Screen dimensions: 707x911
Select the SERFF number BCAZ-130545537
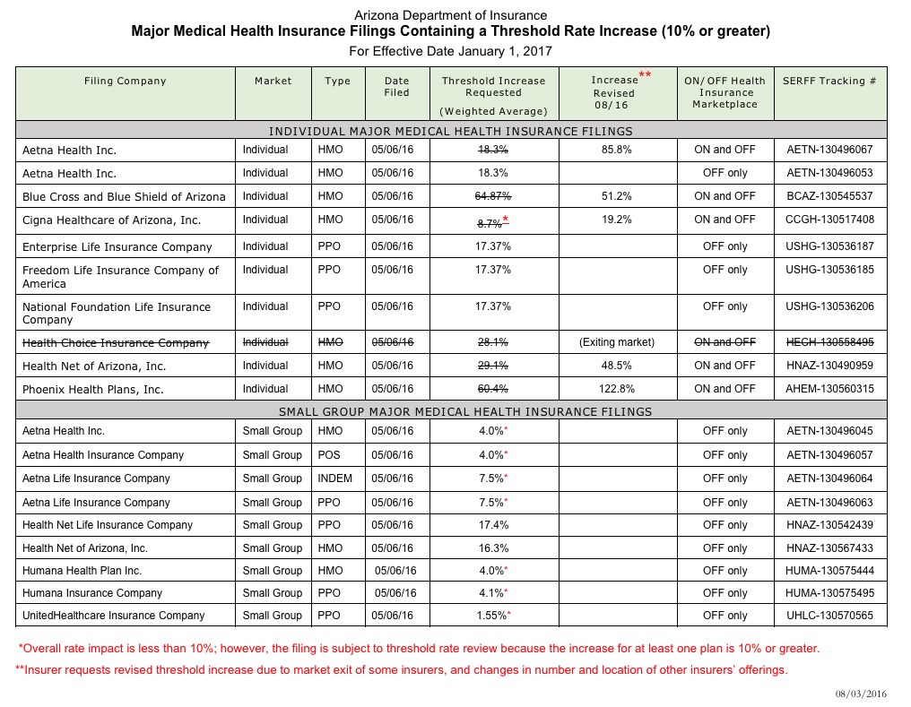(x=829, y=196)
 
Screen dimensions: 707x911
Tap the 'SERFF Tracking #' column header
(x=829, y=81)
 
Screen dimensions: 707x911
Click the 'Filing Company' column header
(x=126, y=81)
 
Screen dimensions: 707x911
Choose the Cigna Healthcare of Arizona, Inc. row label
(x=112, y=220)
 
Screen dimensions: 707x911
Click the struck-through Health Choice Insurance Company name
(x=116, y=342)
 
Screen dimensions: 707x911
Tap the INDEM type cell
(x=335, y=479)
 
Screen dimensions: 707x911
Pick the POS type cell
(x=329, y=455)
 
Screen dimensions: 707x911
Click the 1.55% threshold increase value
(x=492, y=616)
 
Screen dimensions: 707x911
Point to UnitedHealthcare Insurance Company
(x=114, y=616)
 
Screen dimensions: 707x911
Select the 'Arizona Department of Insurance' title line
(x=451, y=16)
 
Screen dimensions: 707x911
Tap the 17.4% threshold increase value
(x=493, y=525)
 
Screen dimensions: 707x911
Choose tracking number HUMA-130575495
(x=829, y=593)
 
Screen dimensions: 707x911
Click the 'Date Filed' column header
(x=396, y=86)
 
